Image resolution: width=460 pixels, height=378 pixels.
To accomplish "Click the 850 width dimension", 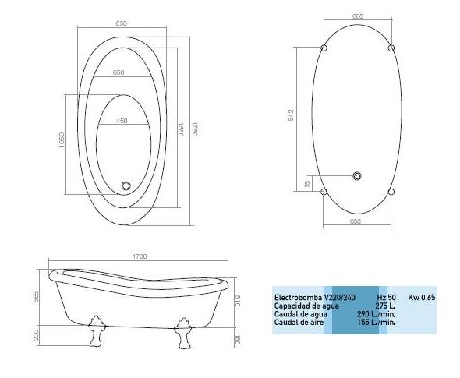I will point(122,24).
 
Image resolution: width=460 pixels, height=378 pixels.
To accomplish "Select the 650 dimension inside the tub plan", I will point(119,72).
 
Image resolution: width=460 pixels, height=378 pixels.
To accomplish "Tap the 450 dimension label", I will point(122,121).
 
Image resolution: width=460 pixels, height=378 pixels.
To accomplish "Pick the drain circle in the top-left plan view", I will point(126,186).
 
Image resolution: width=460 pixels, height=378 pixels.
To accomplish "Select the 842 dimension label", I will point(292,115).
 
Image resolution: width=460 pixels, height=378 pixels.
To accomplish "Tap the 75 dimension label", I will point(308,184).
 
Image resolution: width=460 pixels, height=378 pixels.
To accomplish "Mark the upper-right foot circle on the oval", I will point(391,48).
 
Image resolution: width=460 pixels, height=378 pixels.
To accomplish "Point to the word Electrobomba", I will point(292,298).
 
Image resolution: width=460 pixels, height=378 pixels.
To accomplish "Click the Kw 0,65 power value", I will point(422,298).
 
